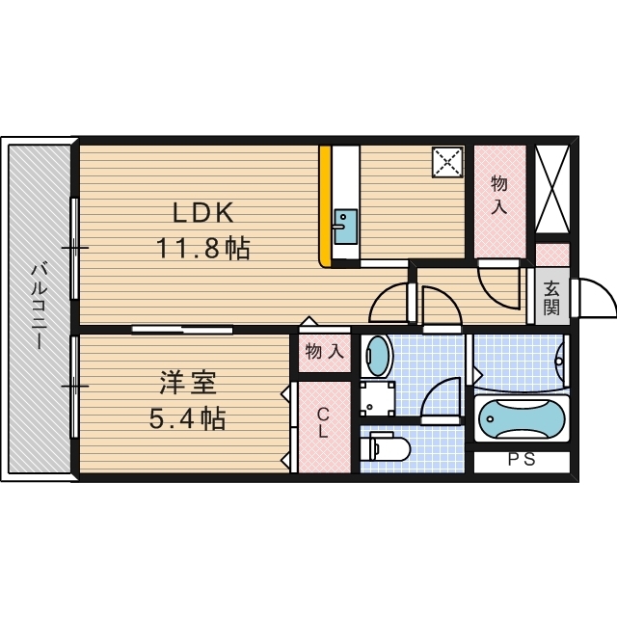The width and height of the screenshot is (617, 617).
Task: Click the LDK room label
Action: [x=203, y=213]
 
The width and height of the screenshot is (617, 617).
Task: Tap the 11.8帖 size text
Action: [x=203, y=249]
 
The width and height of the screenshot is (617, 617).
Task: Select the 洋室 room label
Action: [x=188, y=383]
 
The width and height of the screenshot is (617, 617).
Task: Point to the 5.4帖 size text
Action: [x=188, y=419]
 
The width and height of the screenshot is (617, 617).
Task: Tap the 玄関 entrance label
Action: [x=551, y=298]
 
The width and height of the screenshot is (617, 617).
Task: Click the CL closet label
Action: [x=324, y=424]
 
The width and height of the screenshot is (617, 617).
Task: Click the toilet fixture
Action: [x=389, y=449]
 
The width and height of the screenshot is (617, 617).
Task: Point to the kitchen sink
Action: [x=344, y=228]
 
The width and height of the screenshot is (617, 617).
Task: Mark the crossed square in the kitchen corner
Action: [x=447, y=162]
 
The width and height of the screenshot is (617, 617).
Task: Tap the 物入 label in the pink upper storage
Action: [x=499, y=195]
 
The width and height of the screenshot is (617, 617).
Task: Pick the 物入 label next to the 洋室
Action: [x=324, y=353]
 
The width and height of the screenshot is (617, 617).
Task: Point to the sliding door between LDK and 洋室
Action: [x=183, y=330]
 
